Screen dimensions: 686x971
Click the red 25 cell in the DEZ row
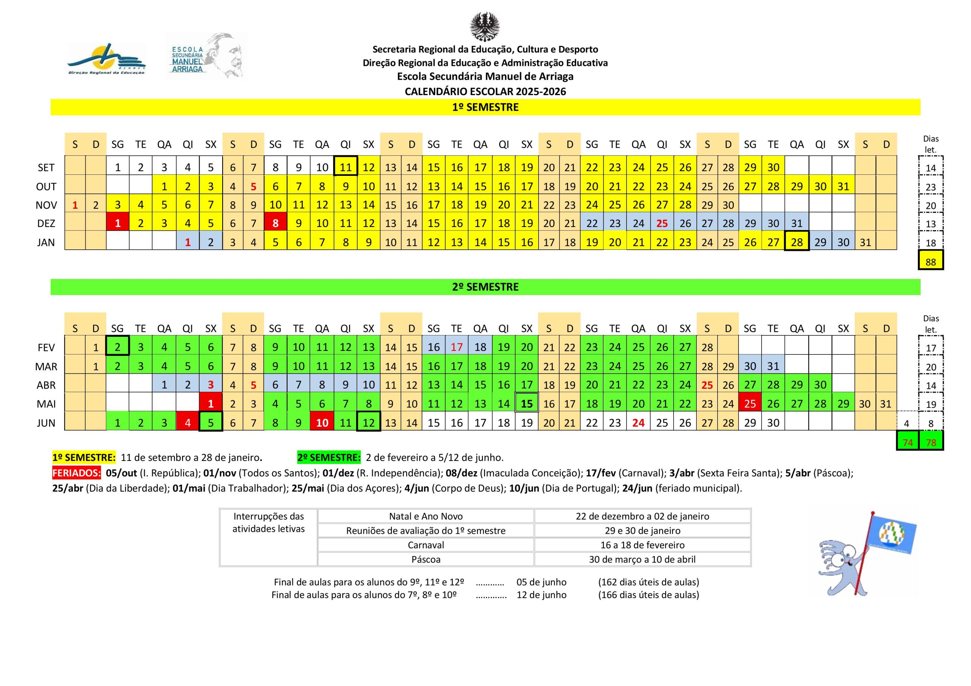point(662,224)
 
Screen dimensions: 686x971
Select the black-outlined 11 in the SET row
point(346,168)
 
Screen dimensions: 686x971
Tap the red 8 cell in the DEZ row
point(275,224)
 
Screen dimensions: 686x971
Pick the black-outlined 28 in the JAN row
point(797,242)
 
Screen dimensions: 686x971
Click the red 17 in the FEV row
point(457,348)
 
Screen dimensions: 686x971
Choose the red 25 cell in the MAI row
point(750,404)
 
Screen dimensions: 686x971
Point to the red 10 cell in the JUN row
point(322,423)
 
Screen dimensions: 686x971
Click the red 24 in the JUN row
point(638,423)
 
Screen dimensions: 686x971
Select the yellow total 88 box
point(930,262)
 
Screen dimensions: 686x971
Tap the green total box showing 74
point(908,443)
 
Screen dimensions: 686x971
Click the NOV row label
point(46,205)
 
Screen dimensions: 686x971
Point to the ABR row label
point(46,385)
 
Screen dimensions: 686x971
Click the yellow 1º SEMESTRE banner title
point(485,107)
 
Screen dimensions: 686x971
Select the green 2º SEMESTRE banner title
point(485,287)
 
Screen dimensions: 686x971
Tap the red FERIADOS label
point(77,473)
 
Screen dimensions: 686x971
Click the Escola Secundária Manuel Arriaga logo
point(206,56)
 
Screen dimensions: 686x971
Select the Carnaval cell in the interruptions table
point(426,545)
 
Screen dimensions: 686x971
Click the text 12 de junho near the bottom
point(541,595)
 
